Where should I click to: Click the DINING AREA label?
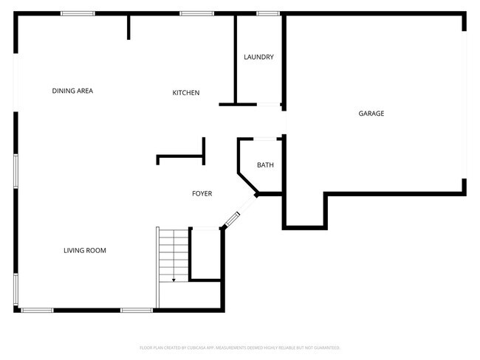coord(72,91)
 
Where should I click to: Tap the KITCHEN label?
coord(186,92)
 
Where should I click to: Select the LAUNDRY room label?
coord(259,57)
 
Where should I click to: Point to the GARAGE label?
coord(371,114)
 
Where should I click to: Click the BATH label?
coord(265,165)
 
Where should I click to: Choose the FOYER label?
coord(202,193)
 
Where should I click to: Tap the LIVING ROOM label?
coord(85,251)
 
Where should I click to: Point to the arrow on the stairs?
coord(174,277)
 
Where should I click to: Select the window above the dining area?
coord(78,13)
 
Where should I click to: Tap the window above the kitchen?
coord(196,13)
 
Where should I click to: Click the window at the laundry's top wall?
coord(268,13)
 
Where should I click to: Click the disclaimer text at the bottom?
coord(240,347)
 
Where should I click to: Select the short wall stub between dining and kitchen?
coord(128,27)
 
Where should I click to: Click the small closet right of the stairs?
coord(206,253)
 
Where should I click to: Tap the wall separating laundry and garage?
coord(284,59)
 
